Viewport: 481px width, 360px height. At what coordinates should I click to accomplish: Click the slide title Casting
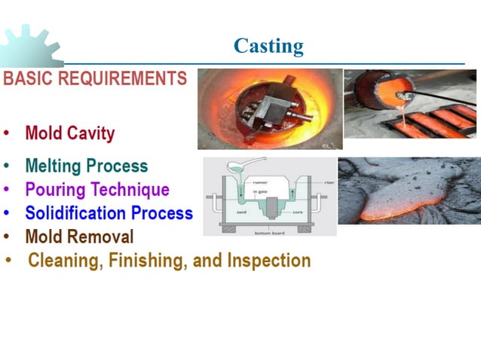(x=268, y=46)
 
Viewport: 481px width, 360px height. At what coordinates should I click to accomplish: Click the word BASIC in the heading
(x=29, y=78)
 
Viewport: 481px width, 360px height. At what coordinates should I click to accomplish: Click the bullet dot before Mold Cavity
(x=7, y=135)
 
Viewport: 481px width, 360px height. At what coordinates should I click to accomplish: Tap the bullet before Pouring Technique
(x=7, y=190)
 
